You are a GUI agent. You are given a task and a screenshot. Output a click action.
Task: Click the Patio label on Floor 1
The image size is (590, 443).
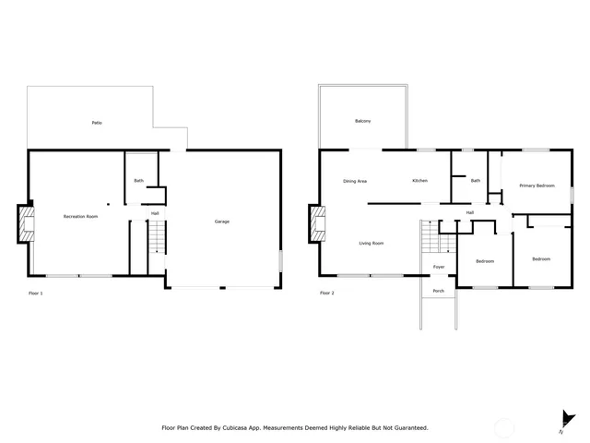pos(96,123)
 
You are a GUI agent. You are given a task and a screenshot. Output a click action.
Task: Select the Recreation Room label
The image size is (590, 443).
pos(80,216)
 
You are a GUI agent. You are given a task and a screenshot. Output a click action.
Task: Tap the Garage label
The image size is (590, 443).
pos(222,221)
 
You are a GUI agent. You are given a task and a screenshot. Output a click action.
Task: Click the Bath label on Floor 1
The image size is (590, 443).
pos(138,181)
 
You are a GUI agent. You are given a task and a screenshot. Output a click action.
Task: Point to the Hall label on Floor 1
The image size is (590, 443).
pos(155,214)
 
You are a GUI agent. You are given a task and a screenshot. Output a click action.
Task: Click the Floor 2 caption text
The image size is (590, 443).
pos(326,293)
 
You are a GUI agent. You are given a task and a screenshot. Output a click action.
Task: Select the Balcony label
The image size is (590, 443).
pos(363,122)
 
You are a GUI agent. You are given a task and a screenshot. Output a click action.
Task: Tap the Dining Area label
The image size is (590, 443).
pos(355,181)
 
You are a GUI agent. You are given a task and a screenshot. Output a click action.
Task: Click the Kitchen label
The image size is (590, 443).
pos(419,181)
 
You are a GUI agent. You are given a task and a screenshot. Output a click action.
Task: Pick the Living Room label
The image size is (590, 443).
pos(372,244)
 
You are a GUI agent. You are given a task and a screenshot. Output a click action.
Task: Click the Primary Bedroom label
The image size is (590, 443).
pos(537,186)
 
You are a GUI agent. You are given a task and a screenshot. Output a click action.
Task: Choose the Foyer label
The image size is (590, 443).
pos(439,267)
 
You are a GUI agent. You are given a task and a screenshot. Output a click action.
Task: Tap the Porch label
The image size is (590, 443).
pos(439,291)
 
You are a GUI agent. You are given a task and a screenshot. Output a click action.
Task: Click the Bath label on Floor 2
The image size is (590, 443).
pos(476,181)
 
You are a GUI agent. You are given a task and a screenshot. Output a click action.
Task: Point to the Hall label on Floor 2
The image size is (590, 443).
pos(469,213)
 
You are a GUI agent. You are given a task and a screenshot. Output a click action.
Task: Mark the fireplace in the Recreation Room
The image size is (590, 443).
pos(26,224)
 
